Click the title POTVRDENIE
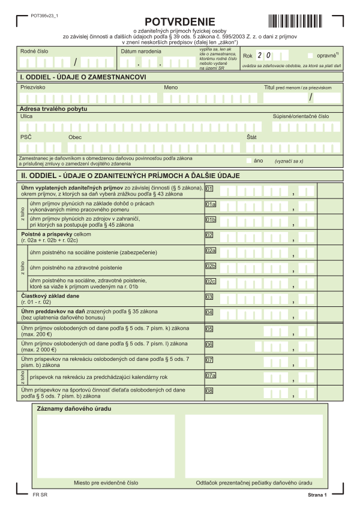tap(180, 22)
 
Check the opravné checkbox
tap(310, 55)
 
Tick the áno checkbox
tap(250, 161)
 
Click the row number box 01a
tap(211, 204)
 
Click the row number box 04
tap(209, 312)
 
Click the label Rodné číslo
tap(34, 52)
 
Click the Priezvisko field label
tap(32, 88)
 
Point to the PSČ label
tap(26, 137)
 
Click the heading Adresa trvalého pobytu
tap(53, 109)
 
